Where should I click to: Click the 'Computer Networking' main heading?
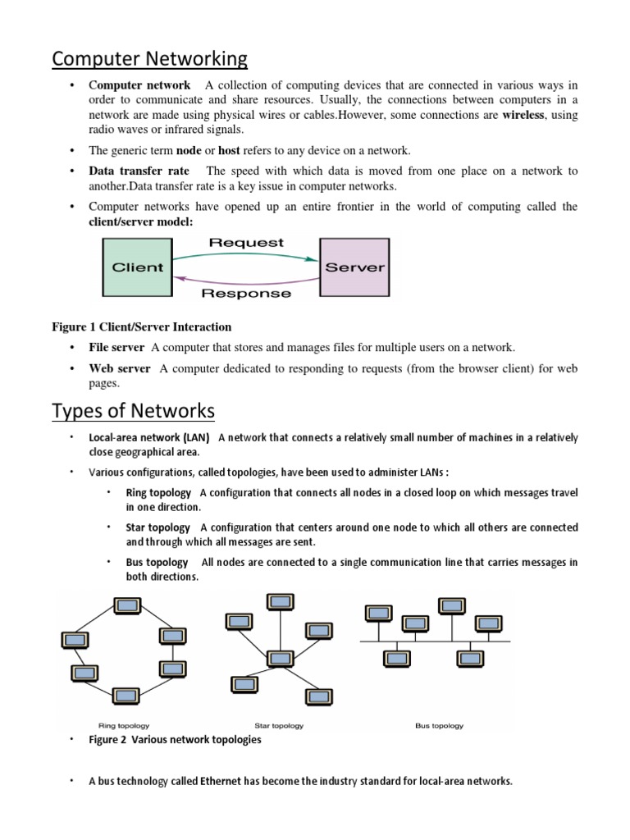(149, 59)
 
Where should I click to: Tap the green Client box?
(137, 267)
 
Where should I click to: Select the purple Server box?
(354, 267)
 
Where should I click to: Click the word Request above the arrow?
(246, 243)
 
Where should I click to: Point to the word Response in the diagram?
(246, 293)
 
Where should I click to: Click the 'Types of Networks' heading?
(133, 410)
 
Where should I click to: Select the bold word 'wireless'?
(523, 116)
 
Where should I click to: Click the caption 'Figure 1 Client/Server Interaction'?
(142, 327)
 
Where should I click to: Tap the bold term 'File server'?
(116, 348)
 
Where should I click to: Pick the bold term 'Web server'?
(120, 369)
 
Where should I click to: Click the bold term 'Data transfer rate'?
(139, 171)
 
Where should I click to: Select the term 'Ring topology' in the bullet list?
(158, 493)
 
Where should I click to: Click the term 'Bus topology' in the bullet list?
(157, 563)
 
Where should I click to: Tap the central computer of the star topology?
(280, 658)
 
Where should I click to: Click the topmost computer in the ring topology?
(126, 607)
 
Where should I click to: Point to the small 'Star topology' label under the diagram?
(279, 726)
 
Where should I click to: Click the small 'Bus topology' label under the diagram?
(440, 726)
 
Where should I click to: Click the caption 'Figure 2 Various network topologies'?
(175, 740)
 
